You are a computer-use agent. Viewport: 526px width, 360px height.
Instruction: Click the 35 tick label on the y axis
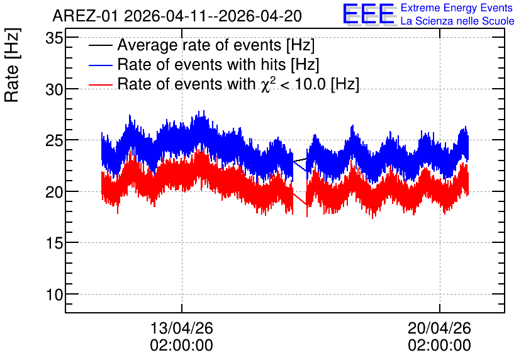click(54, 38)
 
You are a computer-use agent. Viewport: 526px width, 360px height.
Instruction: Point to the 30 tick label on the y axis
click(54, 89)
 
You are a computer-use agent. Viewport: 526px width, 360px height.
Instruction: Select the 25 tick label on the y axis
click(54, 141)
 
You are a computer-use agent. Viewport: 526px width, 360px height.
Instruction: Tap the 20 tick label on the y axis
click(54, 192)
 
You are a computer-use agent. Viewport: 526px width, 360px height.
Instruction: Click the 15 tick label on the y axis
click(54, 243)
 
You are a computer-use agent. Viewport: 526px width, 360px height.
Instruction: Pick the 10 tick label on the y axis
click(54, 295)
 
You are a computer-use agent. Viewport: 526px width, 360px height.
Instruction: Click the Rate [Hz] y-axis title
click(12, 65)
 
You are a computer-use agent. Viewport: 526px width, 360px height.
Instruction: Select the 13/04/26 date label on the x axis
click(181, 328)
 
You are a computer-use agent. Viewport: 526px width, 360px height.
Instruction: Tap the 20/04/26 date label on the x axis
click(439, 328)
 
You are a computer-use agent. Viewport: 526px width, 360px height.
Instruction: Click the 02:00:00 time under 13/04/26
click(181, 346)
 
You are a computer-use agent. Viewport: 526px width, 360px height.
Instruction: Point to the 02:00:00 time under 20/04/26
click(439, 346)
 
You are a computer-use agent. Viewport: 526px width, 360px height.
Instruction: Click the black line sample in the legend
click(100, 46)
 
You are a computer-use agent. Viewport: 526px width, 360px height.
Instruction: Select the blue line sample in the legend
click(100, 65)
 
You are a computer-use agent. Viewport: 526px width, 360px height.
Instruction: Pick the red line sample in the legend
click(100, 85)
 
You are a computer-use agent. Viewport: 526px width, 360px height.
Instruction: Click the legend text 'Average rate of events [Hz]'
click(216, 45)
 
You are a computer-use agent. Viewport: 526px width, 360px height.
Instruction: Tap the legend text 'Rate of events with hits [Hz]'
click(218, 64)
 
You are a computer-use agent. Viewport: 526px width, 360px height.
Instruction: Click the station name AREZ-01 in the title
click(85, 16)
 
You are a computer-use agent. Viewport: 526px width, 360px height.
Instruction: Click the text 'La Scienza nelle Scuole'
click(457, 21)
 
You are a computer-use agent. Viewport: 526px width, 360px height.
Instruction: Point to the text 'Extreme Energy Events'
click(457, 8)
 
